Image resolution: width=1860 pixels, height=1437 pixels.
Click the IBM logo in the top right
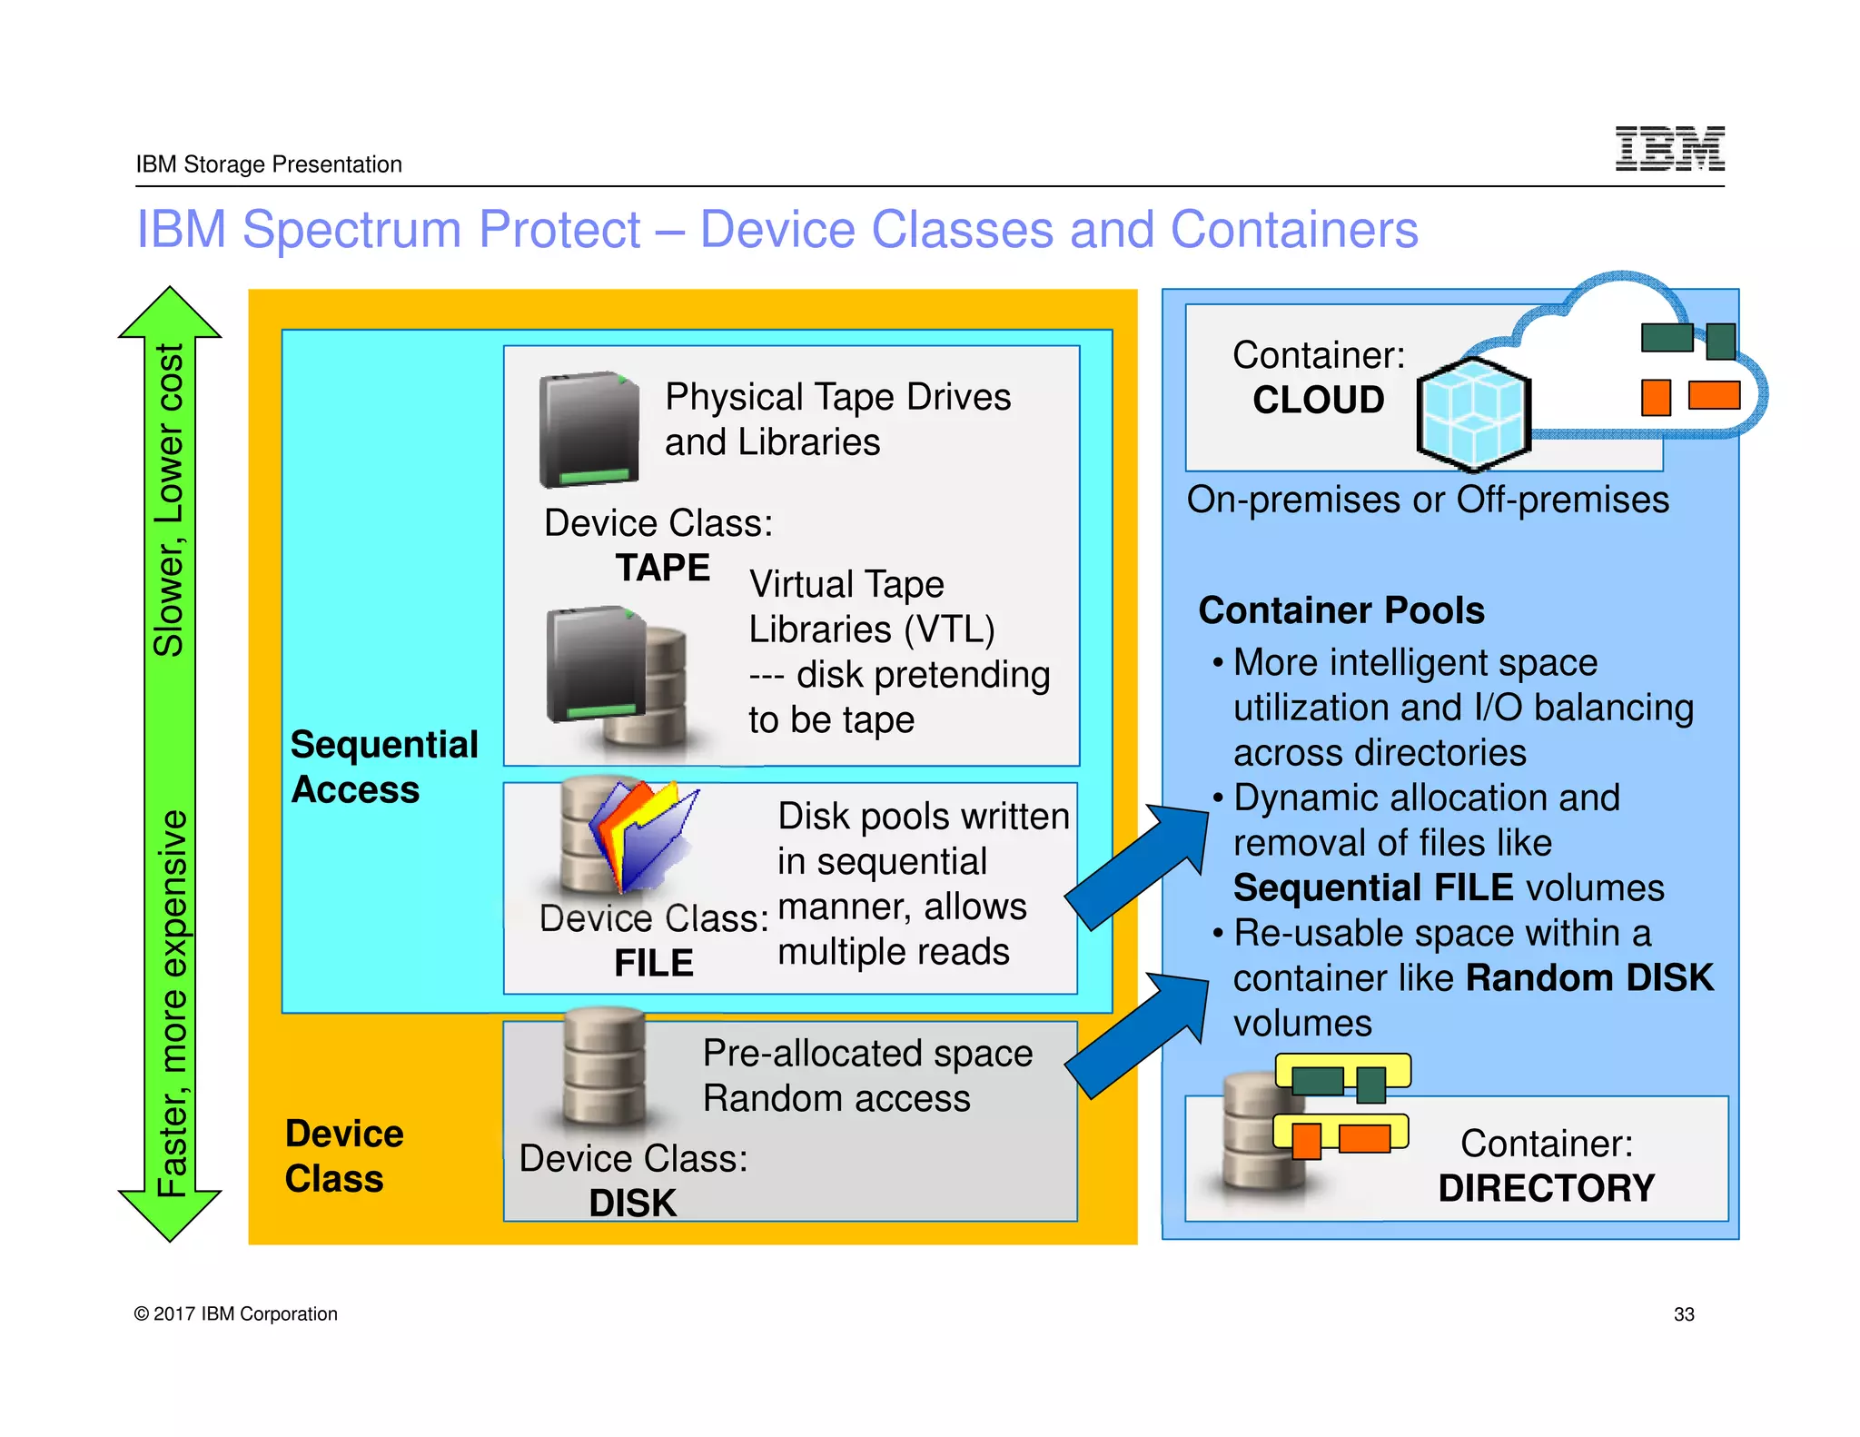point(1669,148)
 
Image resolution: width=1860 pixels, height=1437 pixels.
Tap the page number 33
point(1684,1314)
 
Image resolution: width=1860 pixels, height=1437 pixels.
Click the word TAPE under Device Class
point(663,568)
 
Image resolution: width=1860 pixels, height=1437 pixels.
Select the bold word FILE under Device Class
point(653,963)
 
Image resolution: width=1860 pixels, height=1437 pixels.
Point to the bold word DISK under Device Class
point(632,1204)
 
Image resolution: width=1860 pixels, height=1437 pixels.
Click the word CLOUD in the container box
point(1318,400)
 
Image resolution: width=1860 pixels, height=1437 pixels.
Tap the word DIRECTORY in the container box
point(1546,1188)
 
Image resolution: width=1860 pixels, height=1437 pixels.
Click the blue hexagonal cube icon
point(1473,414)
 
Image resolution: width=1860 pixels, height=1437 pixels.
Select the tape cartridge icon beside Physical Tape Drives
point(589,429)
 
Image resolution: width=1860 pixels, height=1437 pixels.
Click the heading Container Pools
point(1341,610)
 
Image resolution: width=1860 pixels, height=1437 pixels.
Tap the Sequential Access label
point(383,767)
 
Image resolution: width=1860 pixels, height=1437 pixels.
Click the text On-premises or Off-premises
point(1427,500)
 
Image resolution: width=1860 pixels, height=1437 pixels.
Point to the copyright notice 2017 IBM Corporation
point(236,1314)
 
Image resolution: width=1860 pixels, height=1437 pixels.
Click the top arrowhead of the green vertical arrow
point(170,314)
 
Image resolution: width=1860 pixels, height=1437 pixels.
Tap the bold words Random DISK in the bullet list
point(1589,978)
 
